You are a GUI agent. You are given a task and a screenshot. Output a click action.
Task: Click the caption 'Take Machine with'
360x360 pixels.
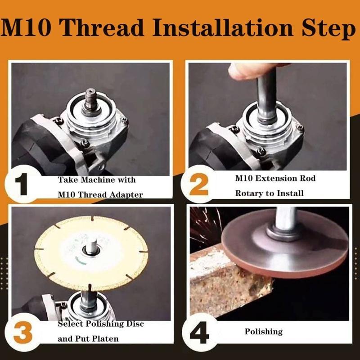point(97,180)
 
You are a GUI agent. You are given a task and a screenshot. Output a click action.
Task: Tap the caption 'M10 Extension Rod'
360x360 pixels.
point(275,178)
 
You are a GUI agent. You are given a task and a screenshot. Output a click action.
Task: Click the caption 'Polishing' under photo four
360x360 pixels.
point(264,332)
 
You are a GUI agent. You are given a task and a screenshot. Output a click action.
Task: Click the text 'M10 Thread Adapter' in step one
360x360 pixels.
point(100,194)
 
